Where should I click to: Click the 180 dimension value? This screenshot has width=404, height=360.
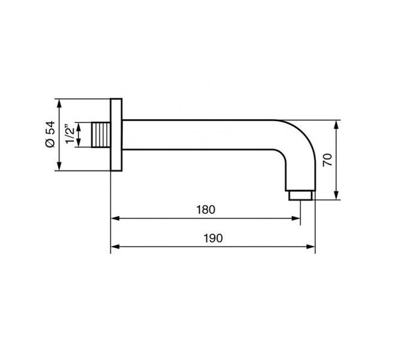(206, 209)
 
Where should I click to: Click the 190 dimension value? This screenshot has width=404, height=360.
(213, 238)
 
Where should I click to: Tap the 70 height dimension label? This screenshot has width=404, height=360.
(327, 160)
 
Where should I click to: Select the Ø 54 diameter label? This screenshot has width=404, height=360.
(50, 134)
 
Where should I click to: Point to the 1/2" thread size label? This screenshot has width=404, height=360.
(70, 134)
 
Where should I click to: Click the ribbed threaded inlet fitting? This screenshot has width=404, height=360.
(101, 135)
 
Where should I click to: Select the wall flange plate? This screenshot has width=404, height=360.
(116, 134)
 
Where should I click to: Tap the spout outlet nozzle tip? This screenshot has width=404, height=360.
(300, 195)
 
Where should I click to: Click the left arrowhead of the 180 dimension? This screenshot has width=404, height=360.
(115, 218)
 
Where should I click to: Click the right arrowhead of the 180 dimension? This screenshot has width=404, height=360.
(296, 218)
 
